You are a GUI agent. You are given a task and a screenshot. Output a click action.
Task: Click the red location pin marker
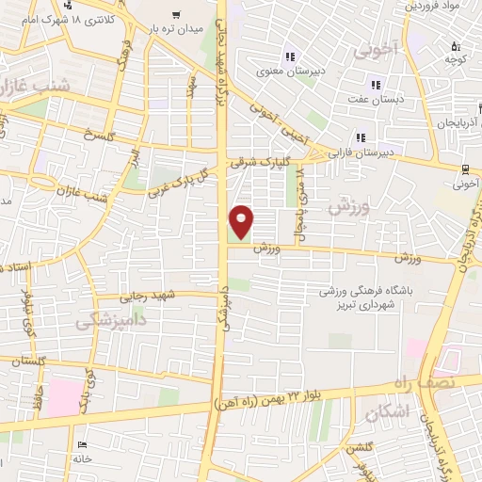[x=242, y=221]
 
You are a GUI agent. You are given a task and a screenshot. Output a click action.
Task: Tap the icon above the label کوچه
[x=456, y=45]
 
